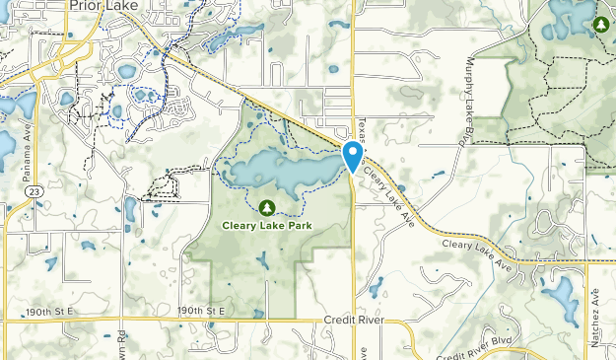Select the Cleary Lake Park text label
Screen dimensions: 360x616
(x=265, y=224)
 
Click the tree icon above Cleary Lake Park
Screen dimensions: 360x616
(x=265, y=207)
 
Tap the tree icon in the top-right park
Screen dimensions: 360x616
(x=600, y=23)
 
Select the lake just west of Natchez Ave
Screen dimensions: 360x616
(x=559, y=293)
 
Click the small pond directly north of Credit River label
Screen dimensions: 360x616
(x=376, y=287)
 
